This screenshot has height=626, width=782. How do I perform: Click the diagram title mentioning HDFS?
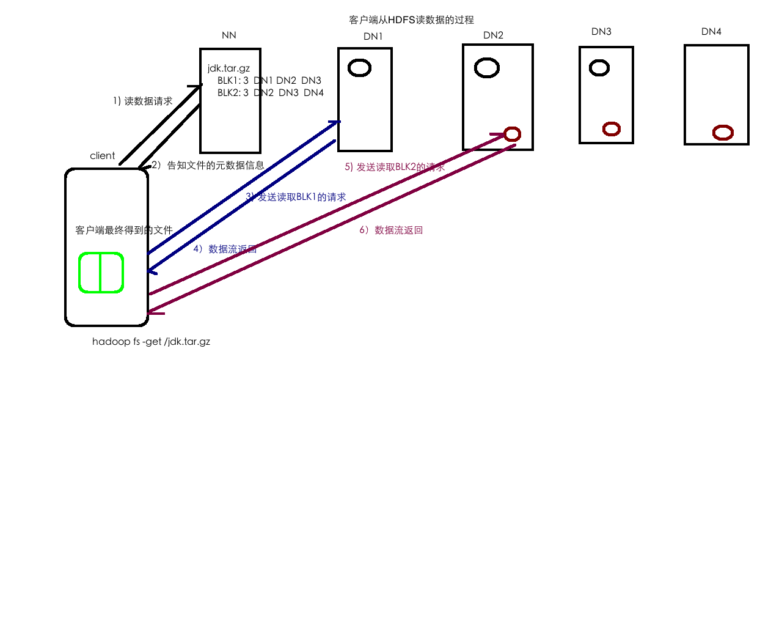pyautogui.click(x=411, y=20)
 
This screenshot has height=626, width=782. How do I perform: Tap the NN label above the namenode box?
pyautogui.click(x=229, y=35)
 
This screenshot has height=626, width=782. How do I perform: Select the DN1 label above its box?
pyautogui.click(x=373, y=37)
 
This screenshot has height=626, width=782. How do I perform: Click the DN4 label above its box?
pyautogui.click(x=711, y=32)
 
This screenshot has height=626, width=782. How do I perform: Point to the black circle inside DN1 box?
pyautogui.click(x=359, y=67)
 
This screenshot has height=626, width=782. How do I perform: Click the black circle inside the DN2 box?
pyautogui.click(x=487, y=67)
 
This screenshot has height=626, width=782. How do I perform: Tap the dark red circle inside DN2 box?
pyautogui.click(x=512, y=134)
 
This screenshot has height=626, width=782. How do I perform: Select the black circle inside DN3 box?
pyautogui.click(x=599, y=67)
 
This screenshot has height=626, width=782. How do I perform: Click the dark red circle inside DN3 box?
pyautogui.click(x=612, y=129)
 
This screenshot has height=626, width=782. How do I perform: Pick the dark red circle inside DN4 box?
pyautogui.click(x=723, y=132)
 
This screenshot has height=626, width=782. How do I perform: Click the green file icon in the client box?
pyautogui.click(x=101, y=273)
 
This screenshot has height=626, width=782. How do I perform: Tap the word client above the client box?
pyautogui.click(x=102, y=156)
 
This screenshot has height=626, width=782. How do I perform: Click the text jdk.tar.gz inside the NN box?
pyautogui.click(x=228, y=68)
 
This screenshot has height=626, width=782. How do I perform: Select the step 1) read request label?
pyautogui.click(x=142, y=101)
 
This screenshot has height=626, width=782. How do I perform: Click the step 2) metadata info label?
pyautogui.click(x=208, y=165)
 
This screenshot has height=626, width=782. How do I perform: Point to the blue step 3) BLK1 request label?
pyautogui.click(x=296, y=197)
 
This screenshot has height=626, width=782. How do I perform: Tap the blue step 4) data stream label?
pyautogui.click(x=225, y=249)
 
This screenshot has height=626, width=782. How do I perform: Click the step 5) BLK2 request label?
pyautogui.click(x=395, y=167)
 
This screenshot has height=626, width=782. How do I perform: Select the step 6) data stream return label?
pyautogui.click(x=391, y=230)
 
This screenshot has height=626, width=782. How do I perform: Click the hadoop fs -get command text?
pyautogui.click(x=151, y=342)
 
